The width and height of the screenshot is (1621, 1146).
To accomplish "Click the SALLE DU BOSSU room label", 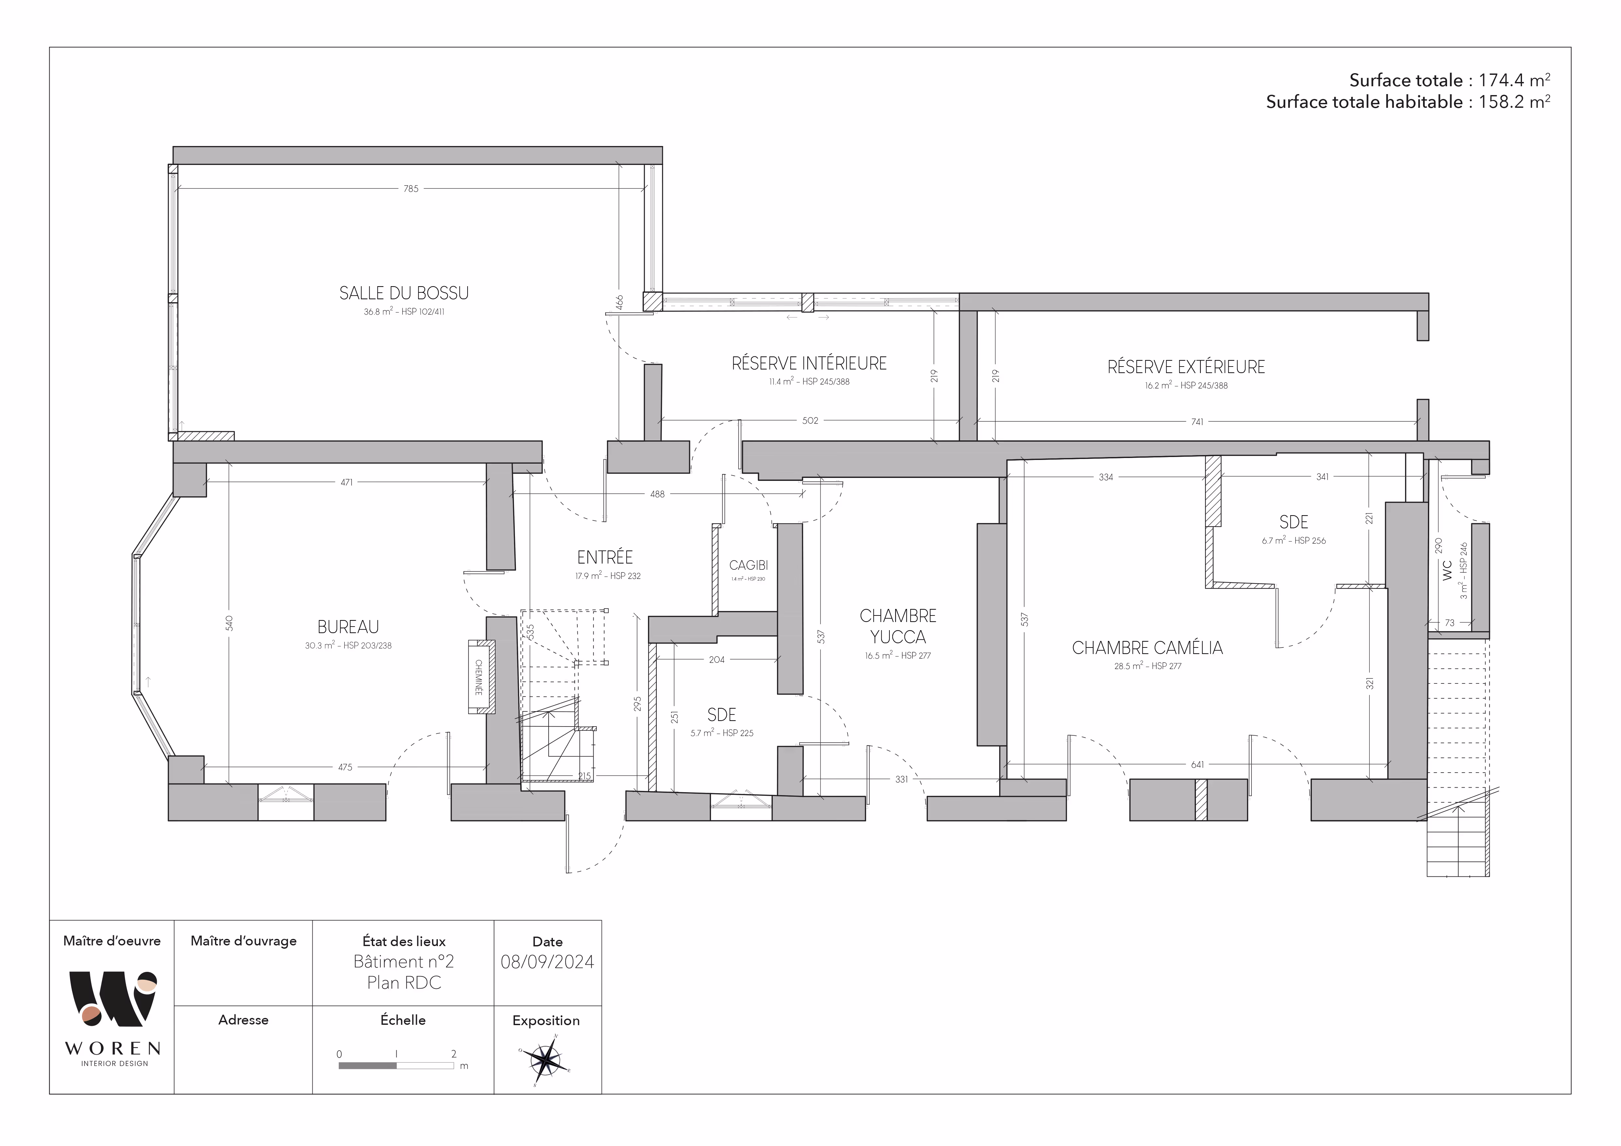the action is click(404, 293).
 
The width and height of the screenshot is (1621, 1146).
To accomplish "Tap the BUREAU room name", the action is click(348, 627).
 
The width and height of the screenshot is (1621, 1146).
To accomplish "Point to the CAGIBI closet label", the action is click(748, 565).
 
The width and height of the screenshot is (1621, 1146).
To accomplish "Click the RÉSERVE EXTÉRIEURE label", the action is click(1186, 367).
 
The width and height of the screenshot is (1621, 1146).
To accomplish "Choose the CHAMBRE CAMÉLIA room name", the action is click(1147, 648).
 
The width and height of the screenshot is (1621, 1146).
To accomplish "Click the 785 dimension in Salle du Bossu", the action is click(411, 188).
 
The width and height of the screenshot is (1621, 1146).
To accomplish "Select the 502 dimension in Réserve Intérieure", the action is click(810, 420).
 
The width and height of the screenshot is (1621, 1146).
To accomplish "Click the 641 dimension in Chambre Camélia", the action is click(1198, 764).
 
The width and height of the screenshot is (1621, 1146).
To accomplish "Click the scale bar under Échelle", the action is click(396, 1066).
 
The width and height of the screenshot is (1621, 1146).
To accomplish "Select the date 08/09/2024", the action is click(547, 962).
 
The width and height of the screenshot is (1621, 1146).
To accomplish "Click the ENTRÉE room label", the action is click(605, 557).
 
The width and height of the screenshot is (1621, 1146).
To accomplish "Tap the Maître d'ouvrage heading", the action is click(243, 941).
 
